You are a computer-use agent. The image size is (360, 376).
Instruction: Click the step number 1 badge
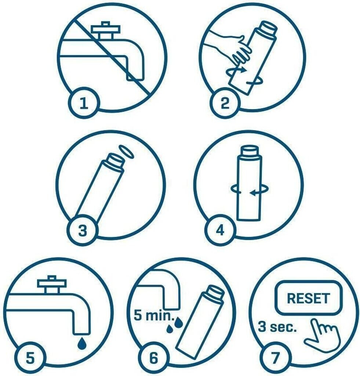click(84, 103)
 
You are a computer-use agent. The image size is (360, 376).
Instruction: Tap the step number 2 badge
click(225, 103)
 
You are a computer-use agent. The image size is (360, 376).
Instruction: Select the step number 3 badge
click(83, 231)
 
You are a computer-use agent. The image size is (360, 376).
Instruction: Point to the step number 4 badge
click(220, 231)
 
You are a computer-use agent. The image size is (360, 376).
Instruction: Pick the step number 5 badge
click(30, 358)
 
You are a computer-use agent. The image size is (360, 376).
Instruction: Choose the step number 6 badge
click(154, 358)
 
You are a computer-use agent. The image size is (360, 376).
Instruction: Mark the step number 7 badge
click(275, 358)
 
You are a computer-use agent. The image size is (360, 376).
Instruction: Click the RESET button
click(309, 297)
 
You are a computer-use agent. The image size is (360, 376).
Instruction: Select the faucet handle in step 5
click(51, 285)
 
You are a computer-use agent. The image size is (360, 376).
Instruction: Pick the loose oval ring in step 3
click(127, 151)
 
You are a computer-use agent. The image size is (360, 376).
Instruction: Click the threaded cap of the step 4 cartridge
click(249, 150)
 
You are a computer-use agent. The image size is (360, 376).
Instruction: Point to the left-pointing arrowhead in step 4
click(252, 192)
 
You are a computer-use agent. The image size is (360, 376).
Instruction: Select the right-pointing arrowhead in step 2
click(243, 70)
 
